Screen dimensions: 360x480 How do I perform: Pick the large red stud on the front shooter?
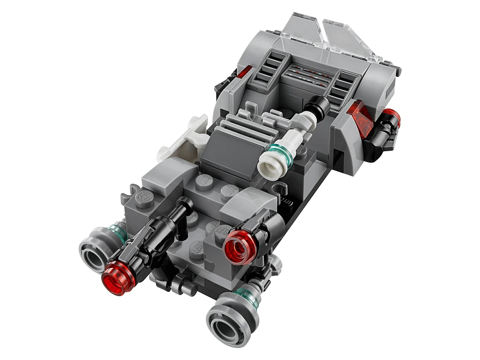(x=240, y=244)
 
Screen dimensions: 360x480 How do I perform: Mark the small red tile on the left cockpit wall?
(x=244, y=72)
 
